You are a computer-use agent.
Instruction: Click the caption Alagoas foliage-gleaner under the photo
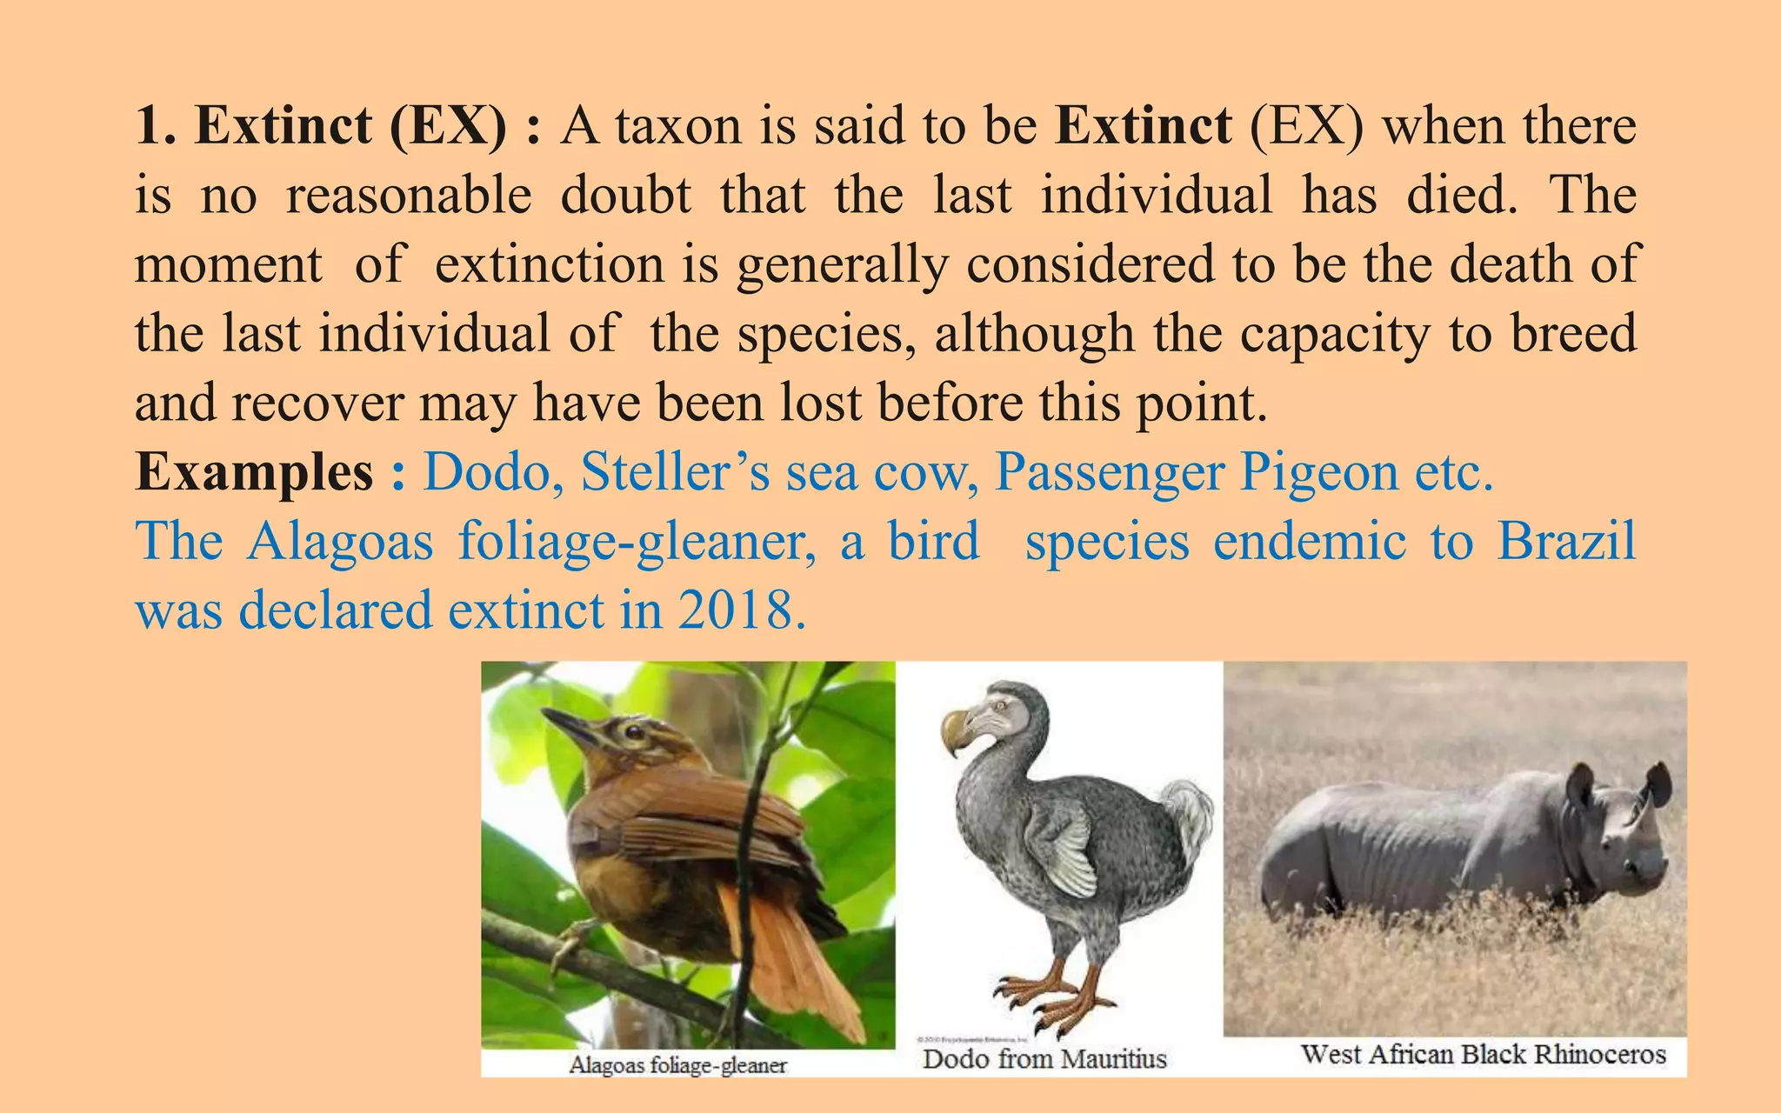pyautogui.click(x=677, y=1065)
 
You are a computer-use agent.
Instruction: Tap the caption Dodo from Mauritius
pyautogui.click(x=1044, y=1059)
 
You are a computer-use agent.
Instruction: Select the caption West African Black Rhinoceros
pyautogui.click(x=1483, y=1054)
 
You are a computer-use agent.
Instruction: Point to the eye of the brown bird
pyautogui.click(x=634, y=731)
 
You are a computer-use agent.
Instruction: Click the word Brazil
pyautogui.click(x=1566, y=541)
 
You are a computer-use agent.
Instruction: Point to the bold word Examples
pyautogui.click(x=254, y=472)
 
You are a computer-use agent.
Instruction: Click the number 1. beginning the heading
pyautogui.click(x=156, y=125)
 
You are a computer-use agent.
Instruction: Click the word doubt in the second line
pyautogui.click(x=625, y=195)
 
